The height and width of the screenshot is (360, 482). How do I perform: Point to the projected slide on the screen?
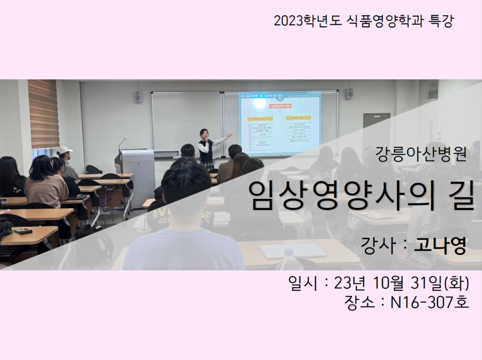[279, 124]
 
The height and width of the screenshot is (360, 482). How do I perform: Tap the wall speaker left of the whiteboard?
[138, 96]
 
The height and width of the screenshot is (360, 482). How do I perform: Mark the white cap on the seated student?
[64, 150]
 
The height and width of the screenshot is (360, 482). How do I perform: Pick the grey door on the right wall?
[376, 132]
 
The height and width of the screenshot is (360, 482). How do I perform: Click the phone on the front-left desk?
[23, 231]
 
